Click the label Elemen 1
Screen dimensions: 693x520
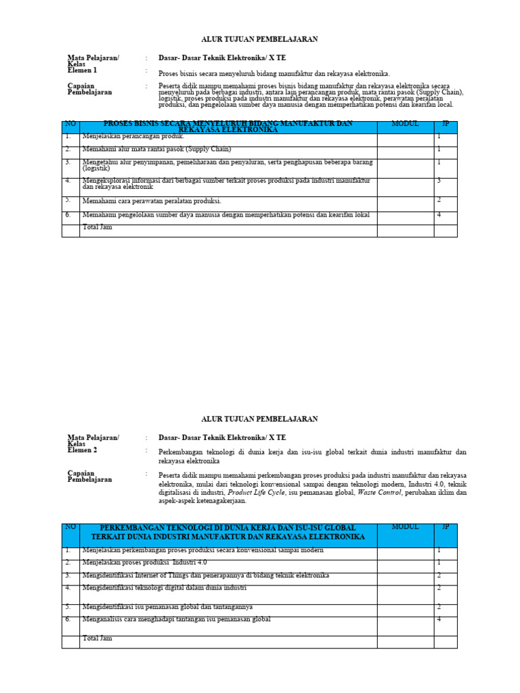tap(82, 70)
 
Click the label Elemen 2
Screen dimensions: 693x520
tap(82, 450)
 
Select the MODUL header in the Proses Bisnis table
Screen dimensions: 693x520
tap(405, 125)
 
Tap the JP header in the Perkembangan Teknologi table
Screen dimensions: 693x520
tap(445, 527)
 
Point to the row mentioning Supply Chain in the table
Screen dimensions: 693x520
tap(156, 149)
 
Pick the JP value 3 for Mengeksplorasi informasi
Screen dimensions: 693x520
tap(439, 181)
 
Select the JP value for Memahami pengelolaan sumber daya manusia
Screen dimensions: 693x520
tap(439, 215)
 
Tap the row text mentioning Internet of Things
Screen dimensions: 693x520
tap(205, 575)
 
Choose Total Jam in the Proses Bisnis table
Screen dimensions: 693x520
tap(97, 227)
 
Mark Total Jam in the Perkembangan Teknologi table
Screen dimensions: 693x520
tap(97, 638)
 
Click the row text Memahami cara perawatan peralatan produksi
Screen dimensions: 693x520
tap(152, 201)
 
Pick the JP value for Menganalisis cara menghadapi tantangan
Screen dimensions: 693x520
tap(439, 619)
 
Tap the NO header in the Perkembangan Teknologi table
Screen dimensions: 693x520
tap(70, 527)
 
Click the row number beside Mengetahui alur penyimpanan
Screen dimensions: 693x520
tap(68, 162)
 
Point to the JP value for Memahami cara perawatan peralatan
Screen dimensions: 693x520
tap(439, 200)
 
